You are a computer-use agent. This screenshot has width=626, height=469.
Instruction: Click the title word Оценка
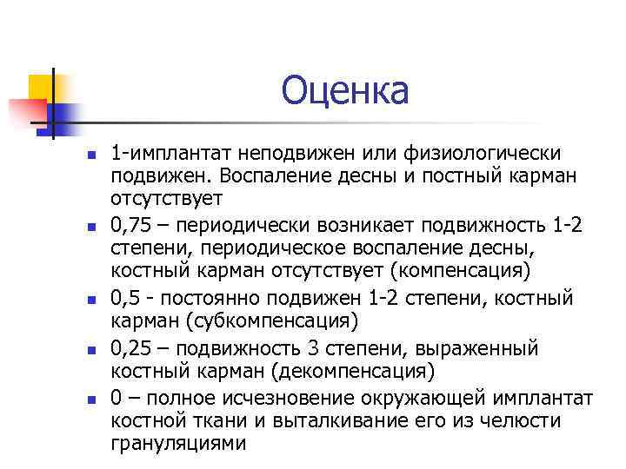point(345,90)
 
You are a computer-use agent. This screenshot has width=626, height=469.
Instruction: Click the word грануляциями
point(178,444)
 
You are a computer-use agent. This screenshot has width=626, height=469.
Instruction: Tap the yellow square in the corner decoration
point(41,87)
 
